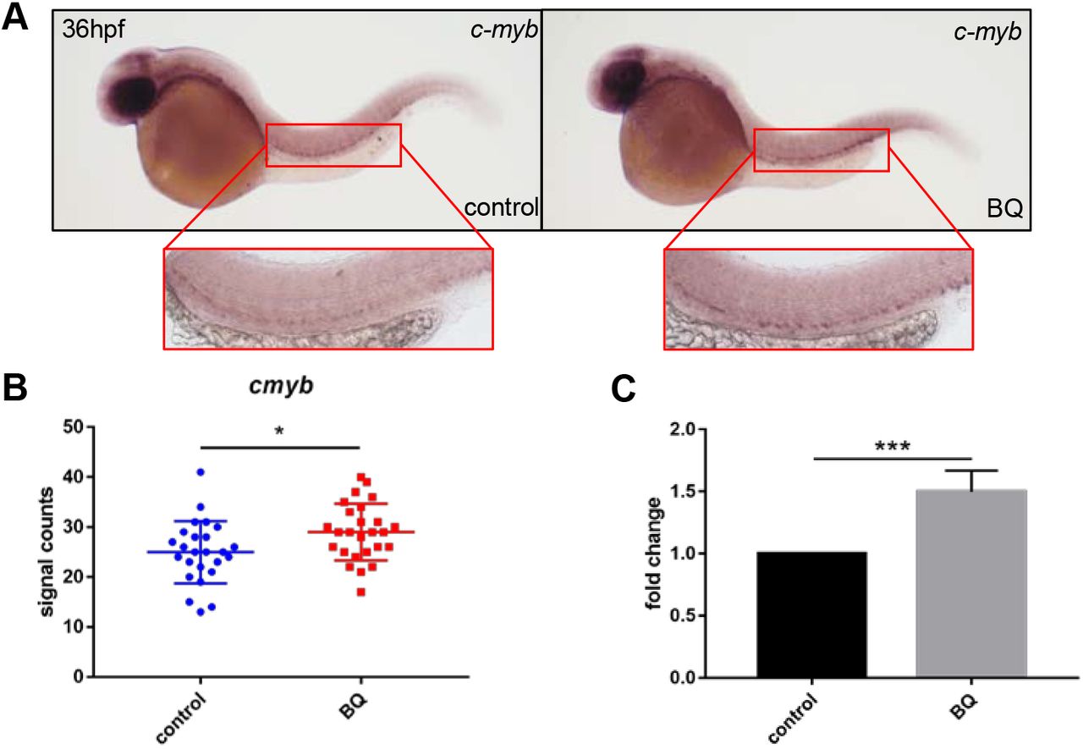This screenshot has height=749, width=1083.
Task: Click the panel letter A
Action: pyautogui.click(x=16, y=18)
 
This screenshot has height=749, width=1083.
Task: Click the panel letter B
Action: pyautogui.click(x=16, y=394)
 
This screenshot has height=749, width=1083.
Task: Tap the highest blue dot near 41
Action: pyautogui.click(x=200, y=472)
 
